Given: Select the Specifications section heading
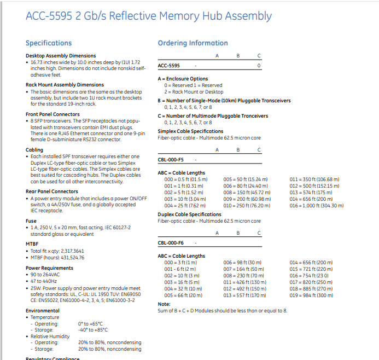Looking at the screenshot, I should (x=49, y=43).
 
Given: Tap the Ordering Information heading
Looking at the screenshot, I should (x=193, y=43).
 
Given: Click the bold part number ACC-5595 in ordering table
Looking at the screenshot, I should (x=169, y=66).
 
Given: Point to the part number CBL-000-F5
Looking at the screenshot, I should (x=171, y=159).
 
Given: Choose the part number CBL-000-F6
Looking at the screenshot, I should (x=171, y=242).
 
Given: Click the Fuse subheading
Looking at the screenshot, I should (x=31, y=221).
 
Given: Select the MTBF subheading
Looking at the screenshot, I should (x=32, y=243).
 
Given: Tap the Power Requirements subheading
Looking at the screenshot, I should (x=49, y=268).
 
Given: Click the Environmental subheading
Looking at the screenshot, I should (x=43, y=310).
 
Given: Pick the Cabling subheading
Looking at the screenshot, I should (x=34, y=150).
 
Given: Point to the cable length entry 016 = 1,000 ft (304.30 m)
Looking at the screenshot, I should (x=317, y=206).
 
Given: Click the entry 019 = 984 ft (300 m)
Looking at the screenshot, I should (x=311, y=295).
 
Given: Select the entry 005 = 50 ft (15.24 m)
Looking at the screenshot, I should (x=246, y=179).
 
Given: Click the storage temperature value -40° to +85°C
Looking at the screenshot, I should (x=93, y=330).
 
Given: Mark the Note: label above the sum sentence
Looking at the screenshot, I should (x=164, y=304).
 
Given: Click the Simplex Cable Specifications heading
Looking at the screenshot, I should (x=190, y=131).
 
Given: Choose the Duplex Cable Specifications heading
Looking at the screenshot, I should (x=189, y=214).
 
